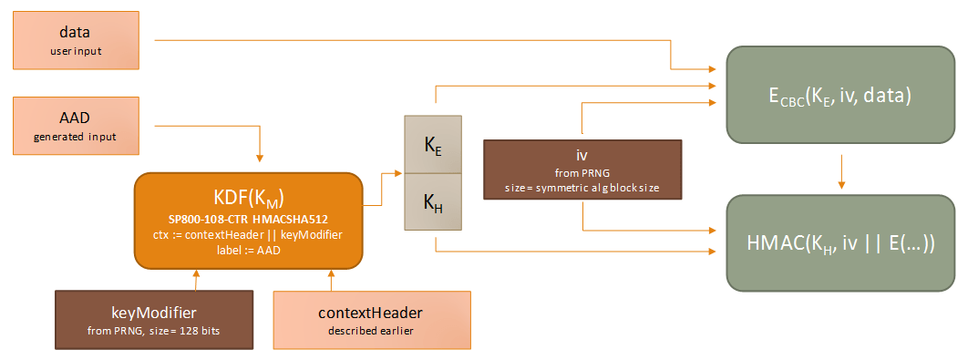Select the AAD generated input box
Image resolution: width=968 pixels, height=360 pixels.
point(76,127)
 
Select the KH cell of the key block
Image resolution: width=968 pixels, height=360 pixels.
point(434,202)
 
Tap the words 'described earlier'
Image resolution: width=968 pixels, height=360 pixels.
point(371,331)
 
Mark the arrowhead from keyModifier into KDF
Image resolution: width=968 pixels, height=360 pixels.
point(196,274)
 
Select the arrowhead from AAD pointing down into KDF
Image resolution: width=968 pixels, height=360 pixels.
point(261,165)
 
